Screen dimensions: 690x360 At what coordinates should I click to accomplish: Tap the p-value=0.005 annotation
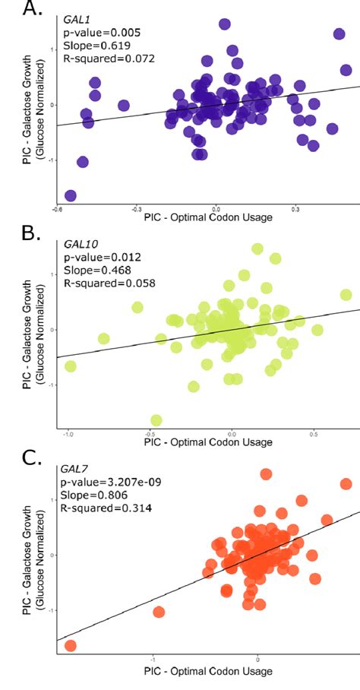[92, 33]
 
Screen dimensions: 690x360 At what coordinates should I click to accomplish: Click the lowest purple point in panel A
[71, 196]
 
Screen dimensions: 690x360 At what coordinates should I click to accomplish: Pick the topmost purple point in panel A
[225, 24]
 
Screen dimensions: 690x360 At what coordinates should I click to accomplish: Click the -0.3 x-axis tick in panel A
[137, 207]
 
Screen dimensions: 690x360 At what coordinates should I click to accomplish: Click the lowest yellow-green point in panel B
[156, 420]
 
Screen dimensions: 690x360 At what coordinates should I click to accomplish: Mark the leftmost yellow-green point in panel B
[71, 366]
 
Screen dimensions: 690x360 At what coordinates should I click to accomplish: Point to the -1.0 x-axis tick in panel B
[68, 433]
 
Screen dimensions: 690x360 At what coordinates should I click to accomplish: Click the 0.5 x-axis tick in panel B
[313, 433]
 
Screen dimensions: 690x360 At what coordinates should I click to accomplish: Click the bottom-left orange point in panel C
[71, 646]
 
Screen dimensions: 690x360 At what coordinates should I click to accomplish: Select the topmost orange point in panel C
[266, 474]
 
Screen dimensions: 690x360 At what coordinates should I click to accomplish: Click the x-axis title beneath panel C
[207, 672]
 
